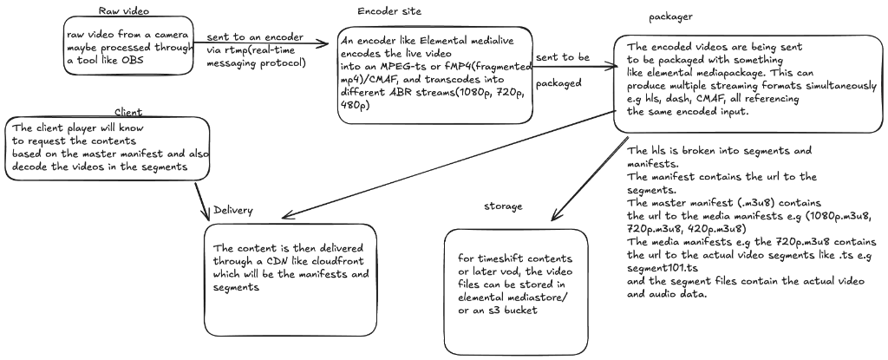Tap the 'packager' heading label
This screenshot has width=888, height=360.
point(670,18)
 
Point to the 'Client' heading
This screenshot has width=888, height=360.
point(129,113)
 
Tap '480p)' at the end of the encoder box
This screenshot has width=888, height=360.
point(356,105)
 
